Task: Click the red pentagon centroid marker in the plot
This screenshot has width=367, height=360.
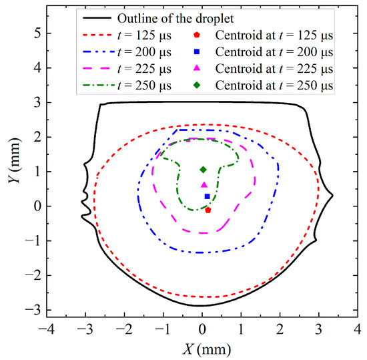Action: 208,210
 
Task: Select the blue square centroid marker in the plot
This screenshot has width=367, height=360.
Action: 208,196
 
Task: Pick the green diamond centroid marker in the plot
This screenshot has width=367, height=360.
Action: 204,170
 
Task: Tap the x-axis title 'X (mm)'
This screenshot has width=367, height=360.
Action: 202,349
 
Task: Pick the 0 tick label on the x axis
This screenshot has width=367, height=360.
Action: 202,330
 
